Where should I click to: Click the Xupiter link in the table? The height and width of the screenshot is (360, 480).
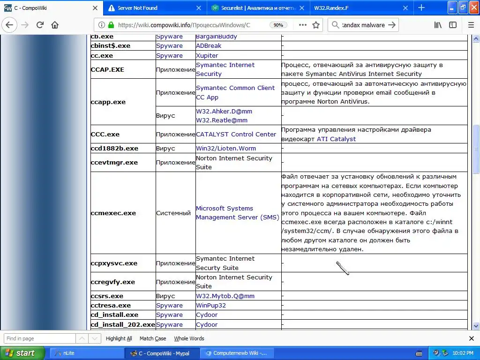pos(207,55)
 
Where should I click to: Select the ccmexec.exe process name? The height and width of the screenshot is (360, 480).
pos(113,213)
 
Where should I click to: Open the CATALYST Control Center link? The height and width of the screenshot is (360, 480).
pos(236,134)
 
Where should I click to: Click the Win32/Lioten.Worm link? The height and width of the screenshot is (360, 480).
pos(226,148)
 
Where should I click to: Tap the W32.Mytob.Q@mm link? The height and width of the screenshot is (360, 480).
pos(225,296)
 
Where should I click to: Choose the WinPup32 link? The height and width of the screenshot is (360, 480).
pos(210,305)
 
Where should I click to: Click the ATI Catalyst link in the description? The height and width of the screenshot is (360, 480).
pos(336,139)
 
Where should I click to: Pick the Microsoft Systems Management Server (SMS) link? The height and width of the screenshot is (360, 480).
pos(237,213)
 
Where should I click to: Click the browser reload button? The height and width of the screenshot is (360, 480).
pos(40,25)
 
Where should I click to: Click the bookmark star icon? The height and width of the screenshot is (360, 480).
pos(316,25)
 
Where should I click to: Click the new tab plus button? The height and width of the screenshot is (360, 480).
pos(421,7)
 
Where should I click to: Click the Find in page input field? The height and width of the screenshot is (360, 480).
pos(39,338)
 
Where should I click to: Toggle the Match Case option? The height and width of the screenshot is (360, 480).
pos(152,338)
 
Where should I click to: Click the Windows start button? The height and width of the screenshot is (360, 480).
pos(22,353)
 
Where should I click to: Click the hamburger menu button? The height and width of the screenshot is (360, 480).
pos(471,25)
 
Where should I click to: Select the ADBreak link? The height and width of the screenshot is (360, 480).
pos(209,45)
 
